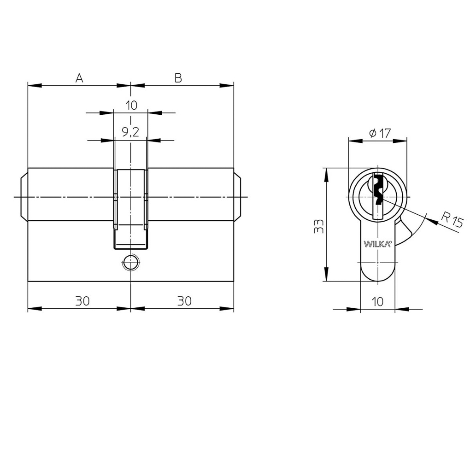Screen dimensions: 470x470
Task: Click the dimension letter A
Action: point(79,78)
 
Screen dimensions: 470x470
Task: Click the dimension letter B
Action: point(178,78)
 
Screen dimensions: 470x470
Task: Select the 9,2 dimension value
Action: point(131,132)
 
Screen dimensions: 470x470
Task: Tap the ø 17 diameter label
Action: point(380,133)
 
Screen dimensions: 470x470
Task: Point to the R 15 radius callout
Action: point(452,221)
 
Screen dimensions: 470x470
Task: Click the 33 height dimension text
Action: point(318,226)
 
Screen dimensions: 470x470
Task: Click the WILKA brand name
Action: point(378,244)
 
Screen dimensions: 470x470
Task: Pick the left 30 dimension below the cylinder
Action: point(82,301)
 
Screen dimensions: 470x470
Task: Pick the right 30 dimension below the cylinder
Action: point(184,301)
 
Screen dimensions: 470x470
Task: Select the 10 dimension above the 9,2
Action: point(131,106)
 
